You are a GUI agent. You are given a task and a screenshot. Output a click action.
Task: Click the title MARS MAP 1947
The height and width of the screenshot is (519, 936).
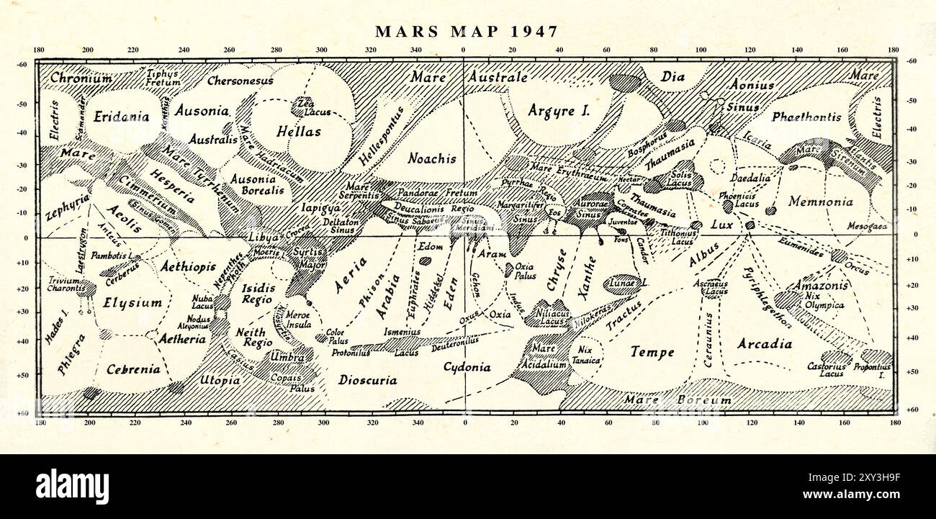pos(467,32)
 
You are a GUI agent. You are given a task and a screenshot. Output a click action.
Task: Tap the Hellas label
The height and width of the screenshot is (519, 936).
pos(299,132)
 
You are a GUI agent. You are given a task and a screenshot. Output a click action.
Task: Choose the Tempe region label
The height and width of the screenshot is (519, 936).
pos(652,352)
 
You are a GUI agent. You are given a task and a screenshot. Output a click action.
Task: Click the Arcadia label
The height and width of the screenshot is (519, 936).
pos(764,344)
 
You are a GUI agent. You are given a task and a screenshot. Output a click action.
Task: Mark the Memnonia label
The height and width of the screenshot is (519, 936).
pos(820,202)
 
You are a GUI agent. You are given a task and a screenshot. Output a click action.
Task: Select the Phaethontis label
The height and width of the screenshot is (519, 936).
pos(806,117)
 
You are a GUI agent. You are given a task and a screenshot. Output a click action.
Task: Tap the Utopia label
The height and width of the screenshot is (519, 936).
pos(220,379)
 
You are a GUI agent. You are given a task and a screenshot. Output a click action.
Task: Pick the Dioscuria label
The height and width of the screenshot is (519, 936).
pos(367,380)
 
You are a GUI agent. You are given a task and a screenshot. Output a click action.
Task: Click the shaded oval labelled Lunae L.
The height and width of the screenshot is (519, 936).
pos(622,284)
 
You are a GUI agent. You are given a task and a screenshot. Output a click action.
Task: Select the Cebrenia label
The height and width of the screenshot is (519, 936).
pos(133,369)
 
